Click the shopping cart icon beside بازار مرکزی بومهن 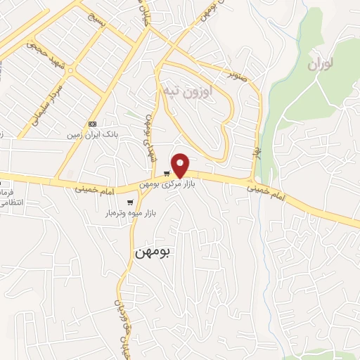[166, 173]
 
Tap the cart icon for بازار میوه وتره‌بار [130, 202]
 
